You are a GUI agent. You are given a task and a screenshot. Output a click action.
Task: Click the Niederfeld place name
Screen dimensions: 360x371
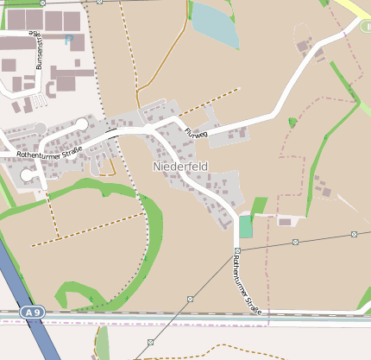tap(181, 165)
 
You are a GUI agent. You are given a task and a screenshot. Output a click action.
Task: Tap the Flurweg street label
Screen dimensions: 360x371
tap(197, 134)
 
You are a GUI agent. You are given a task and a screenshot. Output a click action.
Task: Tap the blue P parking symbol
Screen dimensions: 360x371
tap(69, 40)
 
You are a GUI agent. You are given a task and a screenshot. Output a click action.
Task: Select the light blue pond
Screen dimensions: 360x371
tap(214, 24)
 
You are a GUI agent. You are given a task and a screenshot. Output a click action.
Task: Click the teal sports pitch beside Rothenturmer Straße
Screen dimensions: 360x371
tap(246, 227)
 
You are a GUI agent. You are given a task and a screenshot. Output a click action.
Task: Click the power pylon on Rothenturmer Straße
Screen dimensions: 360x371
tap(236, 251)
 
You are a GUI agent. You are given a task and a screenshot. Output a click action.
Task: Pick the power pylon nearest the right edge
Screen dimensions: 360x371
tap(355, 234)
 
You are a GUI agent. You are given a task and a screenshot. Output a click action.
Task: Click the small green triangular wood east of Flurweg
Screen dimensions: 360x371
tap(292, 123)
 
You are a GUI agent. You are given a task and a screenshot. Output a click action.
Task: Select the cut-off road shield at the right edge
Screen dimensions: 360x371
tap(366, 27)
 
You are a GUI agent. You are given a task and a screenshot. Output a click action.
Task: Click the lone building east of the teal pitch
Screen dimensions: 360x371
tap(285, 222)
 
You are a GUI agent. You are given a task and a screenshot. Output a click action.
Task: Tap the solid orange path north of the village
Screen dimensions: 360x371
tap(160, 65)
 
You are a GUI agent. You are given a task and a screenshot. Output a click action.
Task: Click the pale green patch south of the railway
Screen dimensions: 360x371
tap(103, 343)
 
